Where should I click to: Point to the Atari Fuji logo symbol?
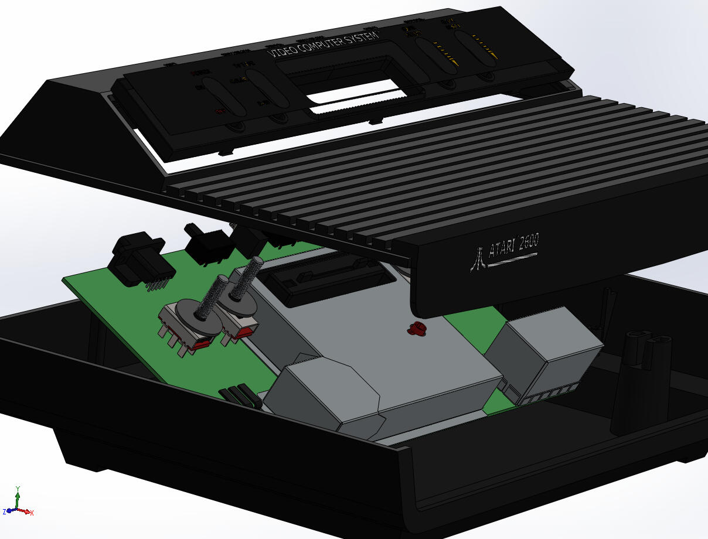coord(478,258)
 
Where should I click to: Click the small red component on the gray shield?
coord(416,329)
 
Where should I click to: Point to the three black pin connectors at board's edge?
coord(240,397)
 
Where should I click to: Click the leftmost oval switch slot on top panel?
coord(223,97)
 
